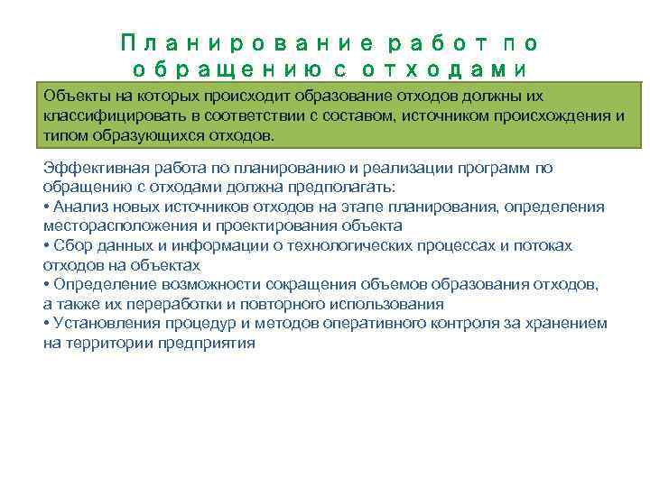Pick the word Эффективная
89,168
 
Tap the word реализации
395,168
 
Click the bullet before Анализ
46,207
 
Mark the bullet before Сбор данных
46,245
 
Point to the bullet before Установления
46,323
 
